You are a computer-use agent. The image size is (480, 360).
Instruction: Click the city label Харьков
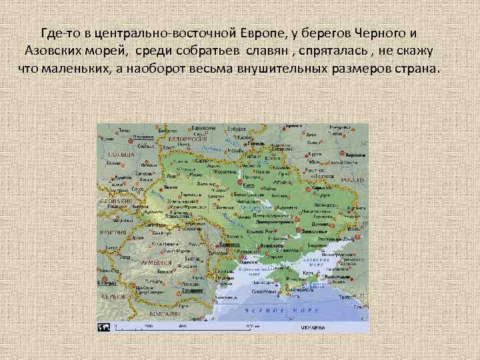tap(322, 189)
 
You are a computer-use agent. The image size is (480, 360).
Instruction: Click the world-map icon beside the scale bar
tap(104, 327)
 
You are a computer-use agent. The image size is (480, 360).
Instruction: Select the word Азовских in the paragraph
tap(49, 51)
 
